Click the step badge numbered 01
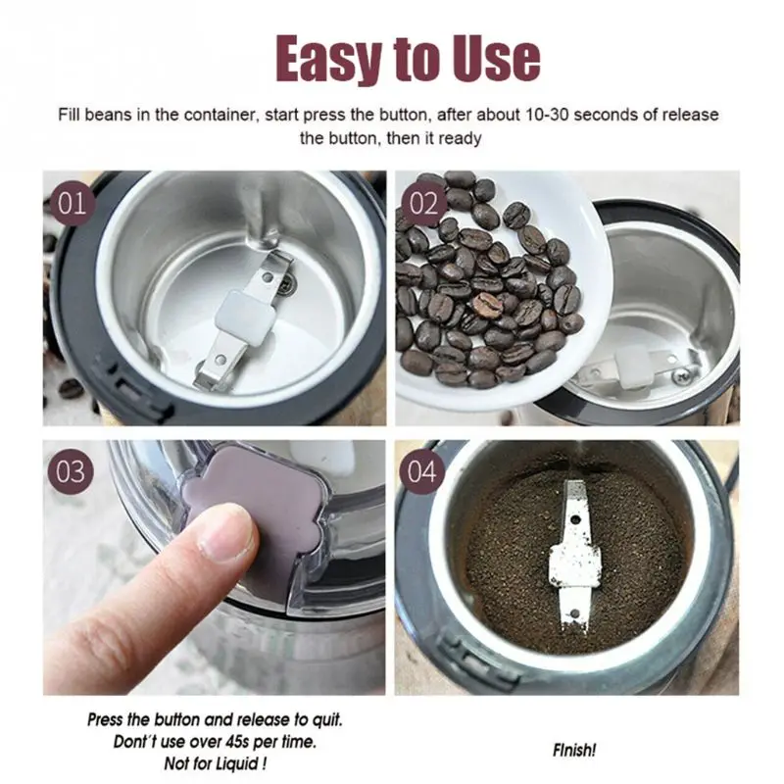pos(72,203)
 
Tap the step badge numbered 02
pos(424,203)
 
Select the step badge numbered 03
pos(71,471)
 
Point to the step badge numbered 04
pos(421,471)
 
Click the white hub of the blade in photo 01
pos(246,317)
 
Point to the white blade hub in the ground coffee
pos(575,565)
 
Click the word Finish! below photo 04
pos(574,750)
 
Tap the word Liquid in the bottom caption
pos(236,763)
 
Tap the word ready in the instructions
pos(460,138)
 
